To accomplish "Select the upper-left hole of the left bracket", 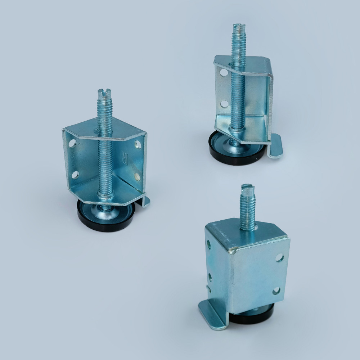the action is coord(72,143).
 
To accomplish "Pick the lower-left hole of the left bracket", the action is coord(75,175).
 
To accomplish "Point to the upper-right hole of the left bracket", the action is coord(138,144).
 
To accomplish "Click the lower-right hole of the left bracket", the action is coord(137,176).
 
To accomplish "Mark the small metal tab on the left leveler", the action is coord(144,202).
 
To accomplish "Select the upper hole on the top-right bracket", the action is coord(224,73).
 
